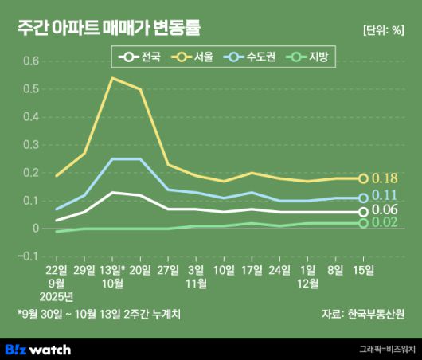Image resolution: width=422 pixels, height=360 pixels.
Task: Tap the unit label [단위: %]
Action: coord(383,31)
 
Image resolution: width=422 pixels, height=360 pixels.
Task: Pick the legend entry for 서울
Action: coord(195,57)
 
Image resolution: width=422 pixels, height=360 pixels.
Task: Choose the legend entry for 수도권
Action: coord(252,57)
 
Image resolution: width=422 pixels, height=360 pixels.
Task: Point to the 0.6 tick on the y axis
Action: coord(29,61)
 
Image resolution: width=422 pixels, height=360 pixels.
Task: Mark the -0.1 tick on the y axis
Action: coord(28,256)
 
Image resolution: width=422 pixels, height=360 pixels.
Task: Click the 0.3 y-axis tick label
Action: coord(29,145)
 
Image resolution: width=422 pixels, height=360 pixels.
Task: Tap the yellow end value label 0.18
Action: coord(385,178)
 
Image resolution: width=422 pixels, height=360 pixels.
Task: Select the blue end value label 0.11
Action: coord(385,197)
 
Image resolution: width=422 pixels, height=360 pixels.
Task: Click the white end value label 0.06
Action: coord(385,211)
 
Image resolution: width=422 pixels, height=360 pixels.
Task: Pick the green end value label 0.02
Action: coord(385,223)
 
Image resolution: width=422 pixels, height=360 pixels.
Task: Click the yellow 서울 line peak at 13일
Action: coord(111,78)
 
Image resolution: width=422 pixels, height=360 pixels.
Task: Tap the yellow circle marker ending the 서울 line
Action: coord(364,178)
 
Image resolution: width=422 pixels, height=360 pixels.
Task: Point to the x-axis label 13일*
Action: coord(113,271)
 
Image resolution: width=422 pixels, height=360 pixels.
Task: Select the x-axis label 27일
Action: coord(168,271)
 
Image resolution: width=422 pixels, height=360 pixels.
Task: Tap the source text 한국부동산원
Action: coord(377,314)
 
